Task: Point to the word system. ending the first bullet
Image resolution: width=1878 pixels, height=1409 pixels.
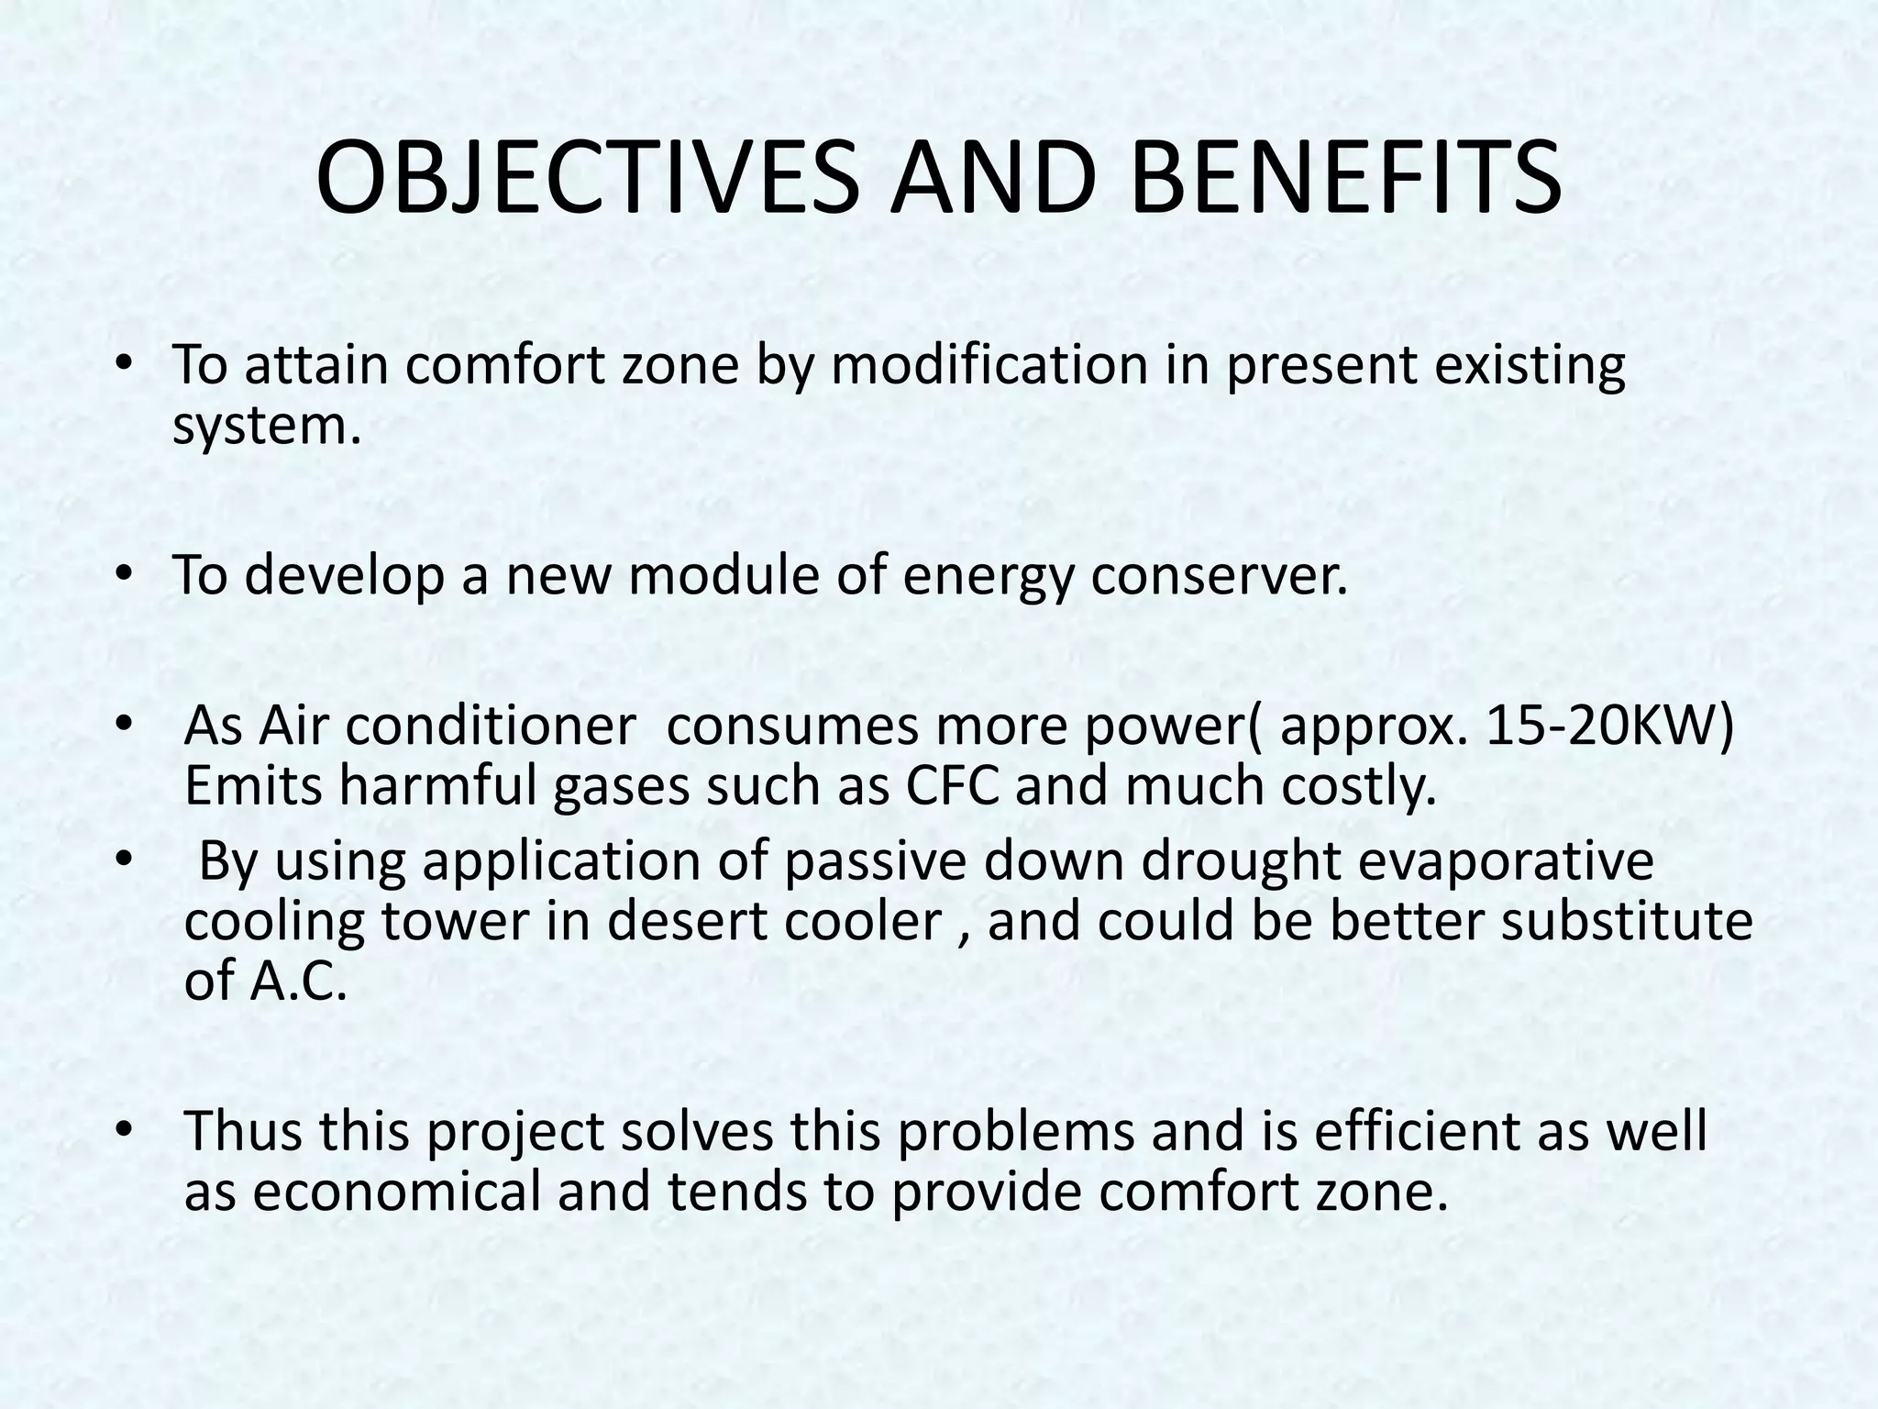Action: [x=267, y=427]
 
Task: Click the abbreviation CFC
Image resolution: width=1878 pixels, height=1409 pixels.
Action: [x=953, y=786]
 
